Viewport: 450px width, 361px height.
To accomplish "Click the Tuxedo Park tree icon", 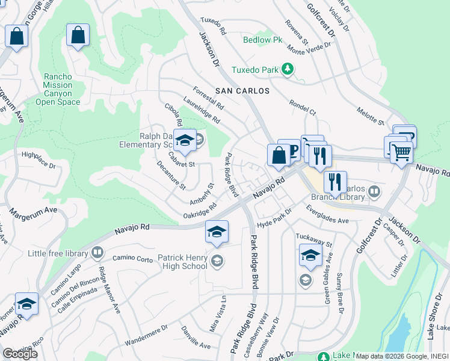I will click(x=289, y=70).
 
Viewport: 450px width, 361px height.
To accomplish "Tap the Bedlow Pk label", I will click(x=262, y=41).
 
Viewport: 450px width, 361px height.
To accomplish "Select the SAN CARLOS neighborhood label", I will click(x=242, y=90).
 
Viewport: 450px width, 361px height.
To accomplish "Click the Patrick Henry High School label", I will click(x=182, y=262).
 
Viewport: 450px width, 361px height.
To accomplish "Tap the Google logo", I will click(x=20, y=354).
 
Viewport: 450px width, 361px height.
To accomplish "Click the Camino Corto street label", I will click(x=132, y=259).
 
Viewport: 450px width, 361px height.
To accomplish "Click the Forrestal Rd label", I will click(x=208, y=96).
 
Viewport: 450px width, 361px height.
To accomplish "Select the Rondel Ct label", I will click(x=303, y=107).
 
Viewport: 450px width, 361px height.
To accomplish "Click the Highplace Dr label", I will click(x=39, y=160).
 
